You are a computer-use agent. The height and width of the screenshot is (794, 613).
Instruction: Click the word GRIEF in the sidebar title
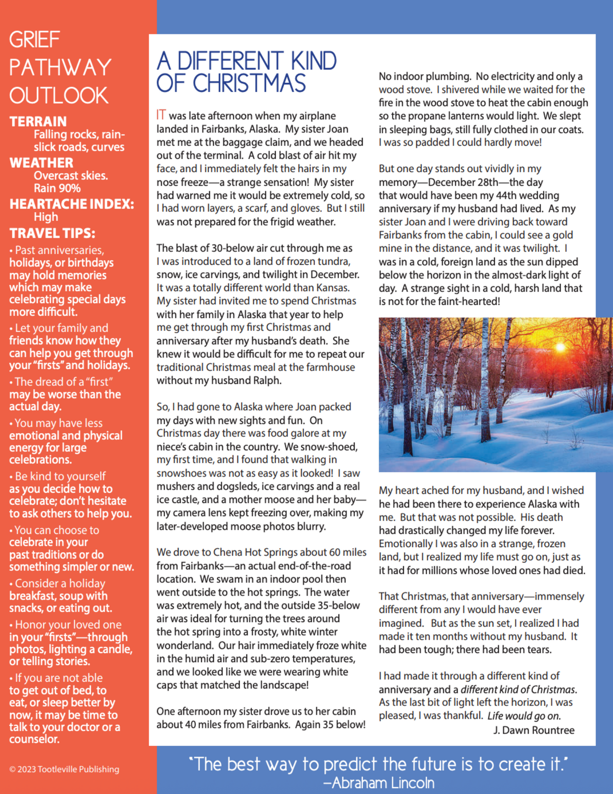(34, 40)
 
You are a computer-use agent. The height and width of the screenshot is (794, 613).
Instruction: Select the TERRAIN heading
(38, 122)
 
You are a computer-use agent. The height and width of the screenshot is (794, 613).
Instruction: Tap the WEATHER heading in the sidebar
(42, 163)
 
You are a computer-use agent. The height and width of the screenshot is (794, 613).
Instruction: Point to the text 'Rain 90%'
(57, 188)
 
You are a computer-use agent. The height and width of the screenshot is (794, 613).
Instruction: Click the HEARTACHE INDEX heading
(72, 204)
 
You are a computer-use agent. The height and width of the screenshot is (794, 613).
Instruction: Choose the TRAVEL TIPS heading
(52, 233)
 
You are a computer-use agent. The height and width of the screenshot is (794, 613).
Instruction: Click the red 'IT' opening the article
(161, 115)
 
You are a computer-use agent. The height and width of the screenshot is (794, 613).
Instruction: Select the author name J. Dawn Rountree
(534, 730)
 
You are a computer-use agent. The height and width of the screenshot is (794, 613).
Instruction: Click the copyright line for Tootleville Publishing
(64, 769)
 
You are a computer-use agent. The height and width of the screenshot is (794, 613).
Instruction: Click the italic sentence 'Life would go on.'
(524, 716)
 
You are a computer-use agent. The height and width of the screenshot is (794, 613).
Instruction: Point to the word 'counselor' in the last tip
(34, 739)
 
